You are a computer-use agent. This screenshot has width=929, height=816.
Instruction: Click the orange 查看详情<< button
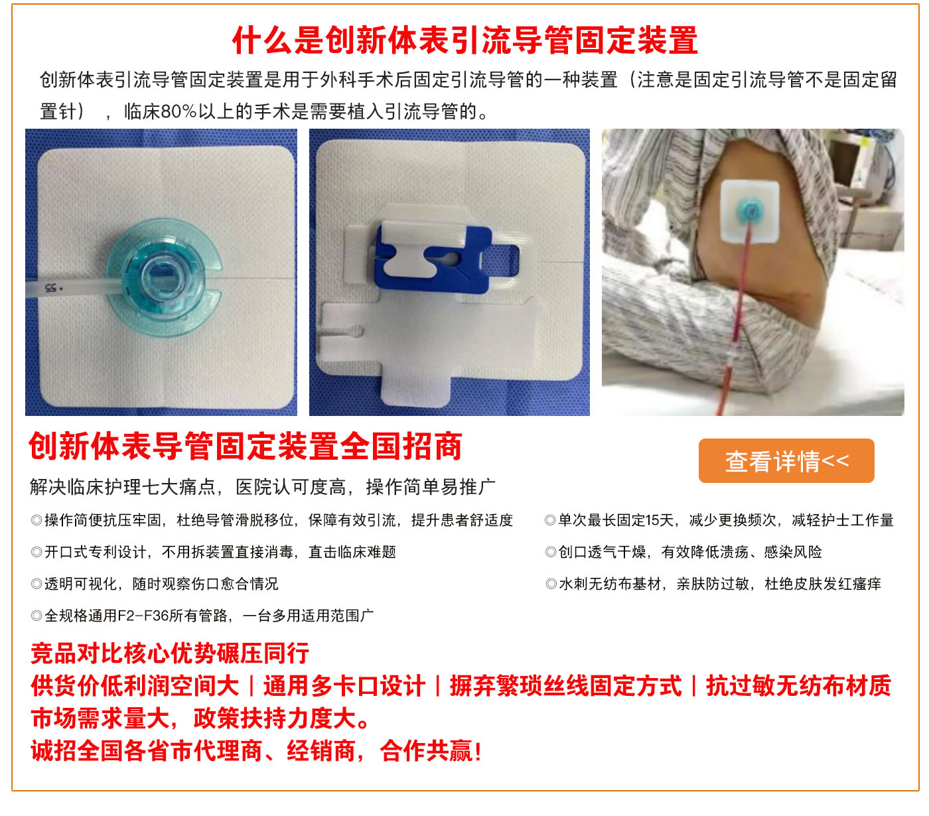(786, 460)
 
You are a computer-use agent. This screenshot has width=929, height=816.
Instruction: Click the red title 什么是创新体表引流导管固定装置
(464, 40)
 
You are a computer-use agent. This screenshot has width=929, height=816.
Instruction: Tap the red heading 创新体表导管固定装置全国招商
(246, 446)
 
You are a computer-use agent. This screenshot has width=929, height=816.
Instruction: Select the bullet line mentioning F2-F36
(202, 615)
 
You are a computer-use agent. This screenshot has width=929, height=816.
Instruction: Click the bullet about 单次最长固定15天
(719, 520)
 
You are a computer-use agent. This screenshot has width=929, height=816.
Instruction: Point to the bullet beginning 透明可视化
(155, 584)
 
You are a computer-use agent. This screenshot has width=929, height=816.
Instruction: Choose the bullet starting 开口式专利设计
(213, 551)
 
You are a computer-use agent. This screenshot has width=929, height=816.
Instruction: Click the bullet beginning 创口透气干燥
(683, 551)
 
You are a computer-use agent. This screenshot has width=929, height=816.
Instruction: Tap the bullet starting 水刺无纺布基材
(713, 584)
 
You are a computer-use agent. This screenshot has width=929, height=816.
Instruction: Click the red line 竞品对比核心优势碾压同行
(170, 653)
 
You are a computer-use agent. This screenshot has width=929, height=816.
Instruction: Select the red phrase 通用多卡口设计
(344, 686)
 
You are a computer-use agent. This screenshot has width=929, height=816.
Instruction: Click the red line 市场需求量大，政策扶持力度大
(201, 718)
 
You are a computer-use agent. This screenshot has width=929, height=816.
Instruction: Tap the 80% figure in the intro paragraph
(179, 111)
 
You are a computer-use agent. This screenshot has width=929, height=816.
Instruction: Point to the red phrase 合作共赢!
(431, 751)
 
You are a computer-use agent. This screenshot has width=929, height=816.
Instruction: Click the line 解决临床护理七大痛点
(123, 487)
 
